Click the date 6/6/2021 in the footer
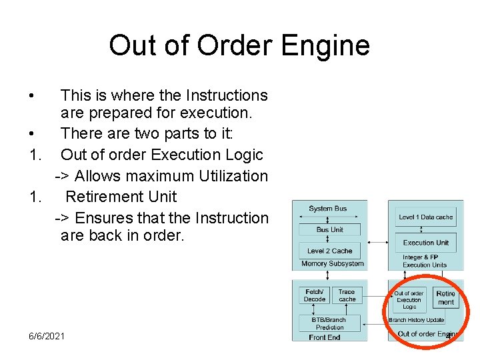(x=47, y=335)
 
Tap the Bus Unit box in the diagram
(x=330, y=229)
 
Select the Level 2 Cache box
(x=330, y=251)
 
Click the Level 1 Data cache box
(x=425, y=217)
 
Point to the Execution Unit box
(x=425, y=243)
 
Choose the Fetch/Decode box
(x=315, y=295)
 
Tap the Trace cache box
(x=347, y=295)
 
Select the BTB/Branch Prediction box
(x=330, y=323)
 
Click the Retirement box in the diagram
(x=445, y=298)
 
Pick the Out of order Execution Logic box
(x=409, y=300)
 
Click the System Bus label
(x=327, y=209)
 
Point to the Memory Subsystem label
(x=333, y=264)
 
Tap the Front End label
(x=325, y=337)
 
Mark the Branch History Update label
(x=417, y=321)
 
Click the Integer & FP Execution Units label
(x=420, y=261)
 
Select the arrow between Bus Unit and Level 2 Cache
(x=330, y=240)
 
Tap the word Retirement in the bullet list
(x=121, y=197)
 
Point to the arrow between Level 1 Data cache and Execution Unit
(x=425, y=231)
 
